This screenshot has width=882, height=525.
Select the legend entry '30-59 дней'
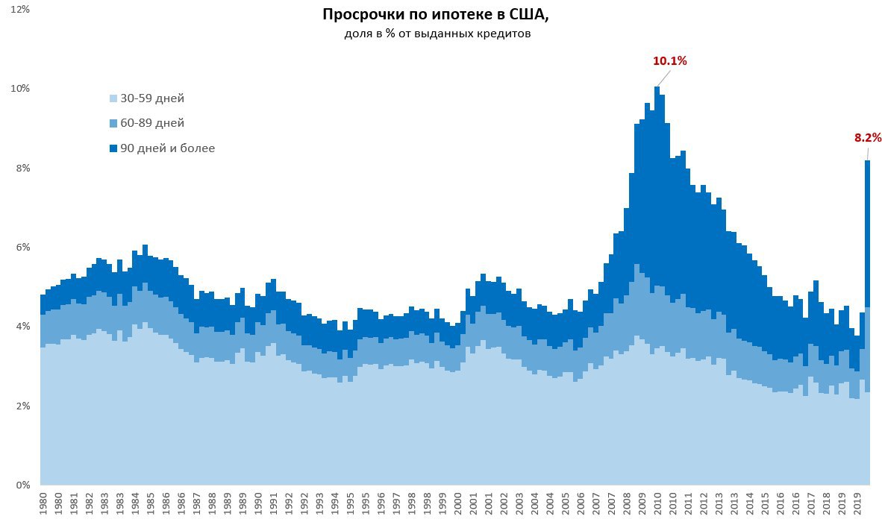(x=152, y=98)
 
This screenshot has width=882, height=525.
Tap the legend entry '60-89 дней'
(x=152, y=123)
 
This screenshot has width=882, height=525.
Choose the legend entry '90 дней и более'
(x=167, y=148)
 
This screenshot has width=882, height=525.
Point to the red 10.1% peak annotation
(x=669, y=61)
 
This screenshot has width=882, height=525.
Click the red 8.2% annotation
(x=868, y=137)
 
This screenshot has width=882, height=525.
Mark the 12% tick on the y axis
(x=20, y=9)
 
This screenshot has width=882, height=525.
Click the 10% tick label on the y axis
(x=20, y=89)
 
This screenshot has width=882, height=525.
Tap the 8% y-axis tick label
(x=22, y=168)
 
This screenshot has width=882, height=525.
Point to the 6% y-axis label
(x=22, y=248)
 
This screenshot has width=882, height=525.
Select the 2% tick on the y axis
(x=22, y=406)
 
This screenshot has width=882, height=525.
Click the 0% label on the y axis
(x=22, y=485)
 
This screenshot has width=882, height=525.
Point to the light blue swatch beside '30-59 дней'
(x=113, y=98)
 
